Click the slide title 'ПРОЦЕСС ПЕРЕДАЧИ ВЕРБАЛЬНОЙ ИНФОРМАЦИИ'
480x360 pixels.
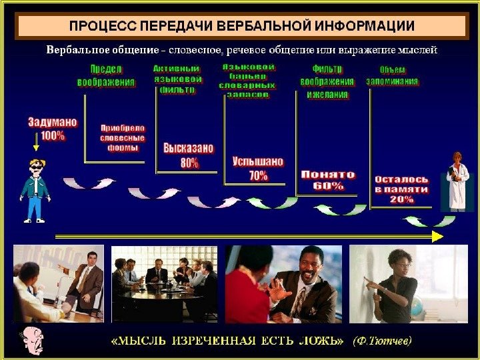click(242, 26)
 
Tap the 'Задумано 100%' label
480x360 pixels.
click(53, 129)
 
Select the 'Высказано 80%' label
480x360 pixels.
click(189, 155)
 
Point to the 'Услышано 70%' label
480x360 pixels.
click(258, 169)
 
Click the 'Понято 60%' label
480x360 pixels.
click(328, 180)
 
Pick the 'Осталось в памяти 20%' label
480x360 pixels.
click(401, 189)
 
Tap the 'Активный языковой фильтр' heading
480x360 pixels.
click(177, 79)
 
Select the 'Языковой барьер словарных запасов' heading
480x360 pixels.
click(248, 81)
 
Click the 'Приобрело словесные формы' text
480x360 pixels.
click(122, 137)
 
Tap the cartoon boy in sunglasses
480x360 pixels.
click(34, 189)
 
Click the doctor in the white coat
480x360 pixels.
click(457, 181)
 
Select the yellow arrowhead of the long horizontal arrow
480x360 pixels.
click(437, 236)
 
